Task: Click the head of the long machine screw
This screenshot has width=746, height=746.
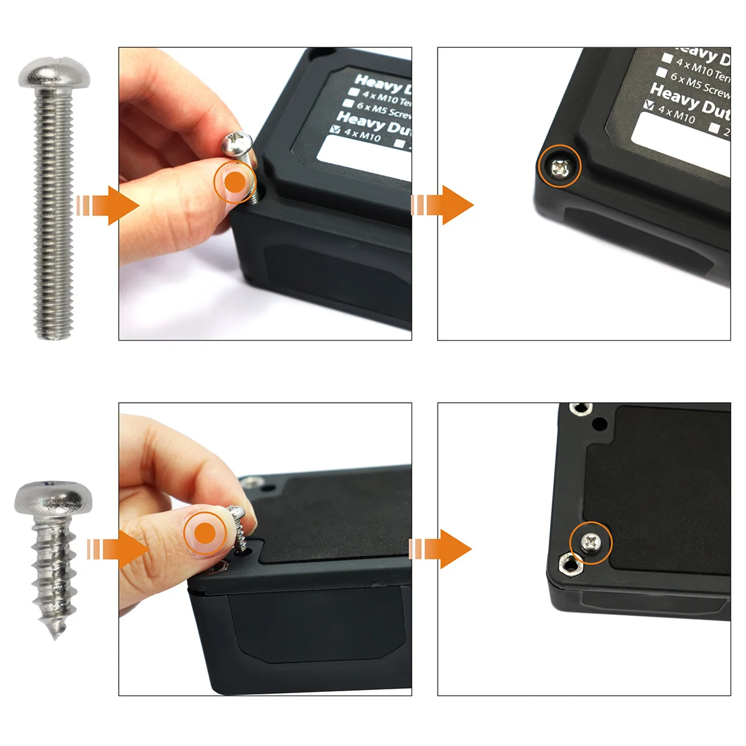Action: [x=55, y=73]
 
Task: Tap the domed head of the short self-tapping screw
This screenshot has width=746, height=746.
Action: [x=53, y=497]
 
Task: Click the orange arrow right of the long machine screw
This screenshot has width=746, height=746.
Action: [x=112, y=205]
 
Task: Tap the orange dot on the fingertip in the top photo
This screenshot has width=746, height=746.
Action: [x=235, y=183]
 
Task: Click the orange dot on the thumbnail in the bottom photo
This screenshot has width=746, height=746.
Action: [x=205, y=533]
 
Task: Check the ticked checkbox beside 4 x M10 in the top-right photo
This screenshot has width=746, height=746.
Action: [x=650, y=106]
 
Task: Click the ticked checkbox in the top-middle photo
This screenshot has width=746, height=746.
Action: [x=336, y=130]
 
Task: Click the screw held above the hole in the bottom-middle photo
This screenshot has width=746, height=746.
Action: [x=238, y=522]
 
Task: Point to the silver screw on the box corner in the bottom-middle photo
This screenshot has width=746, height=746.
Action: [x=252, y=481]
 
